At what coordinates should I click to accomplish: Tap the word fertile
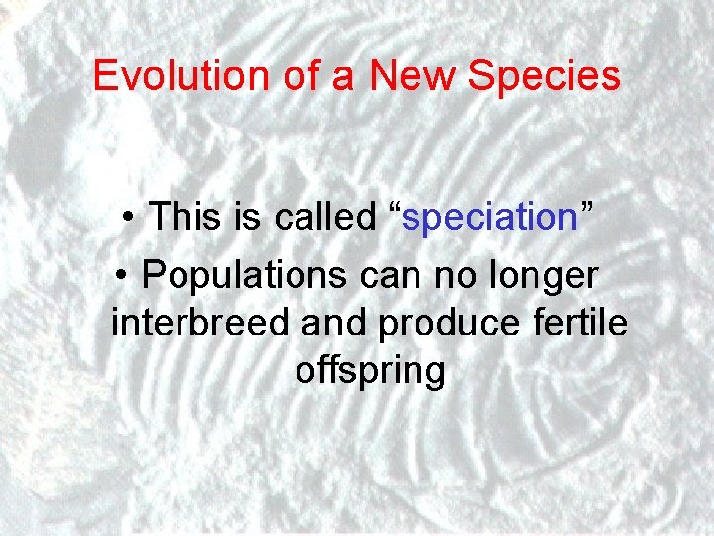585,324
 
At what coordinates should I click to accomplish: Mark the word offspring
370,373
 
